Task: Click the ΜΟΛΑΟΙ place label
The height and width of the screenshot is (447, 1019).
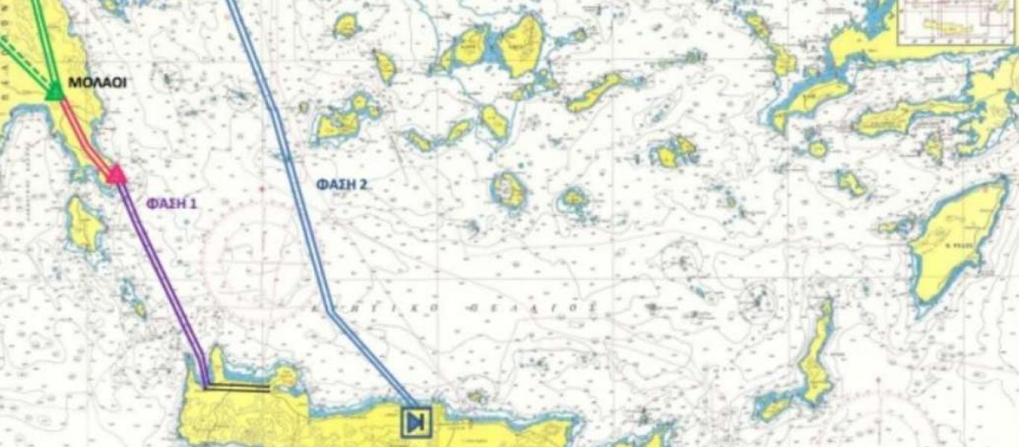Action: (x=96, y=83)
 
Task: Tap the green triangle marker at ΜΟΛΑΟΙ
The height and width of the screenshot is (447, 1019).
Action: (x=54, y=92)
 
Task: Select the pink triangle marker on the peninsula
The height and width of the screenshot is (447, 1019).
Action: (x=116, y=175)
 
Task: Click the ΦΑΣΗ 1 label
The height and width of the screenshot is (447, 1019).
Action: (x=171, y=203)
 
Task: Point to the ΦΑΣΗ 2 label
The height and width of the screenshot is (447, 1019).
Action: (x=341, y=184)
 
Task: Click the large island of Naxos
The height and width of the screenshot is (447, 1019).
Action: (x=521, y=45)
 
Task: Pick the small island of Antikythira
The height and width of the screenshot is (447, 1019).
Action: (x=137, y=307)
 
